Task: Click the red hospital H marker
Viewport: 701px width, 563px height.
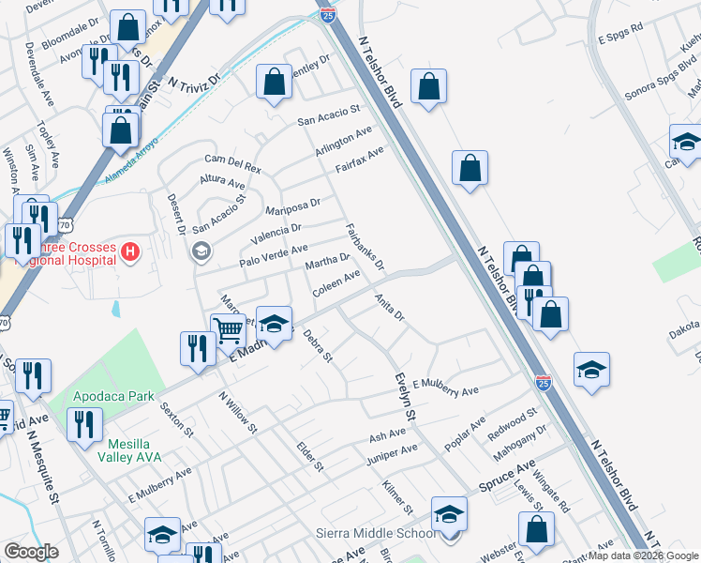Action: (130, 251)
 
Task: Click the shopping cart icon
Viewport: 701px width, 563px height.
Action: (228, 329)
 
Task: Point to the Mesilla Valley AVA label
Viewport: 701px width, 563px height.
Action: (129, 449)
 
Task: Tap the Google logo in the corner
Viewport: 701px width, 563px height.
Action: (31, 552)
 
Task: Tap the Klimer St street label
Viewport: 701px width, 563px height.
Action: (397, 497)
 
